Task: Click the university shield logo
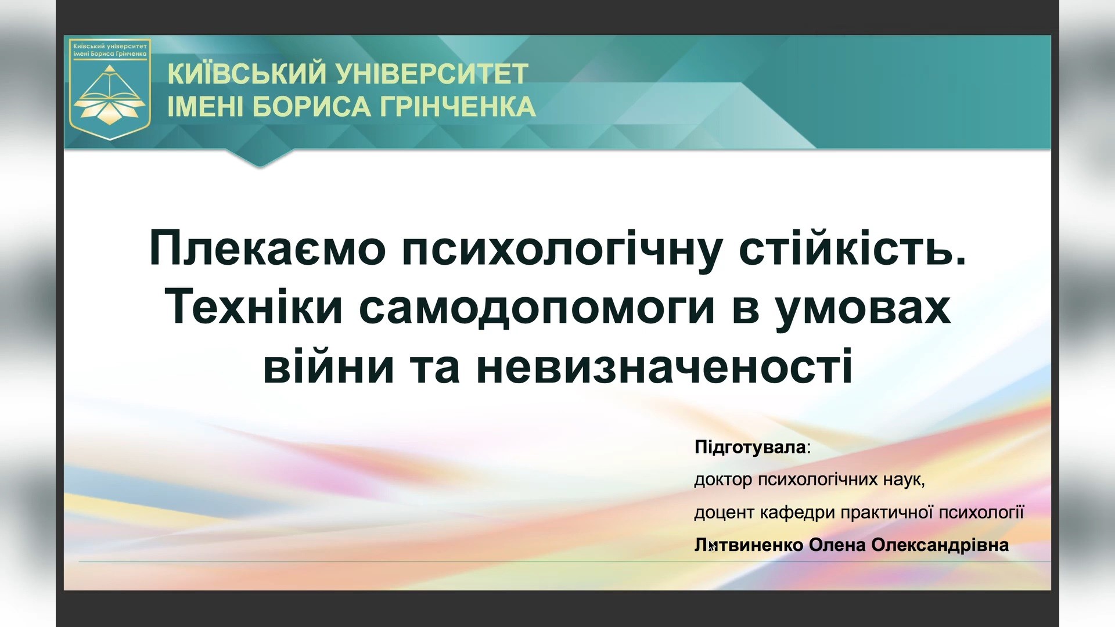[110, 89]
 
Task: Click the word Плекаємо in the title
[267, 248]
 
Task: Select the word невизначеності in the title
[664, 367]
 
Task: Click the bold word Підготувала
[750, 447]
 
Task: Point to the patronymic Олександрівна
[940, 545]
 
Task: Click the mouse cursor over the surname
[711, 545]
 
